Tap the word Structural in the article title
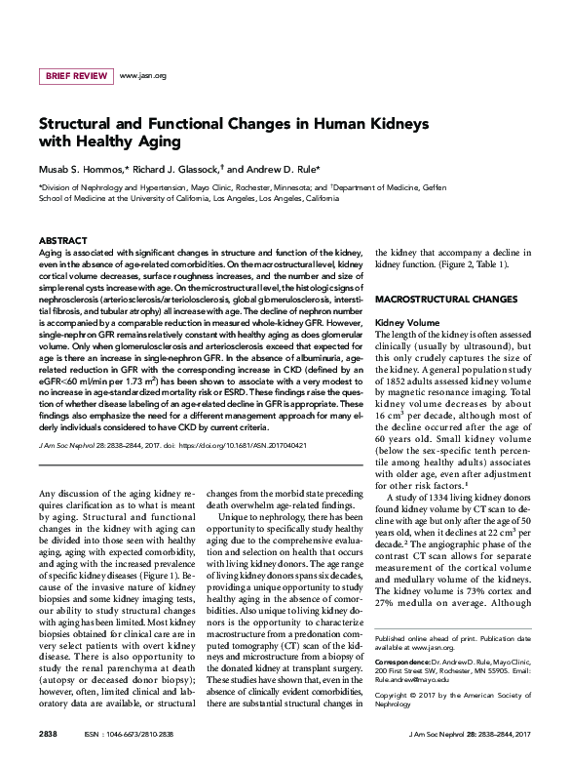(x=80, y=126)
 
